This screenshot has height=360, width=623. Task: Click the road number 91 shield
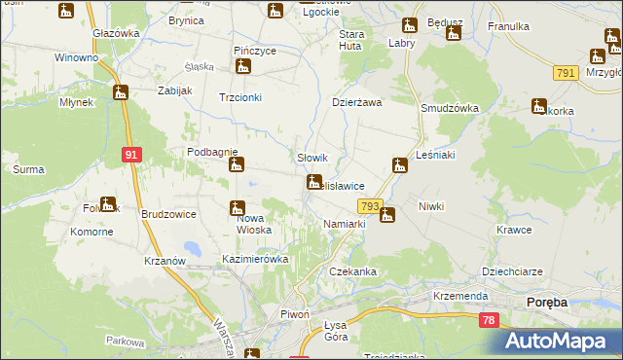pos(133,154)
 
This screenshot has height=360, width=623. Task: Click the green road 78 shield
pos(489,320)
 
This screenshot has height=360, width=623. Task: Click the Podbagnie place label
pos(212,152)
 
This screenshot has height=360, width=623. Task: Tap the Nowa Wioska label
pos(258,224)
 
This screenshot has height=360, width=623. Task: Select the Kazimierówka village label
pos(256,260)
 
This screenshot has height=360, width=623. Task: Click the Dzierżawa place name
pos(356,101)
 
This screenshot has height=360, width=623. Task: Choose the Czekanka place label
pos(352,271)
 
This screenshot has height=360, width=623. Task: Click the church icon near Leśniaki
pos(399,165)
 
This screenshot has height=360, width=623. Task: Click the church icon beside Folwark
pos(107,204)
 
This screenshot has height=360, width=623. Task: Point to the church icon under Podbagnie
pos(236,165)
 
